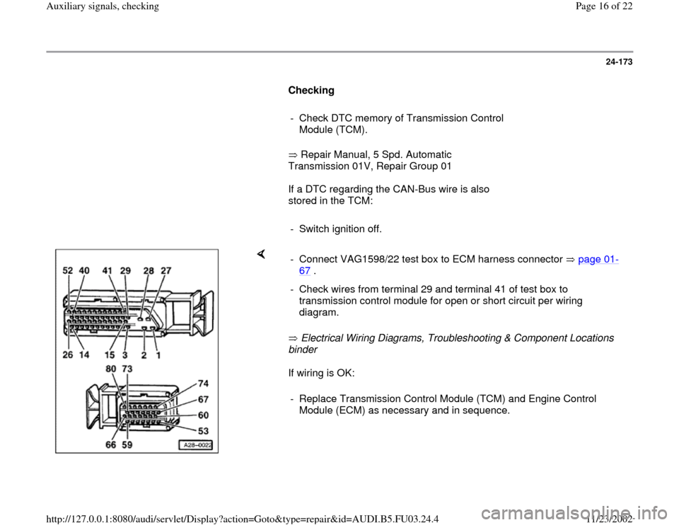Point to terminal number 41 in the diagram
click(x=108, y=270)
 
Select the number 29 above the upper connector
click(x=127, y=270)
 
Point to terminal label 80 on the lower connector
click(x=112, y=369)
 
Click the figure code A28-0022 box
click(x=197, y=445)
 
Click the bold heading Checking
click(x=311, y=91)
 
